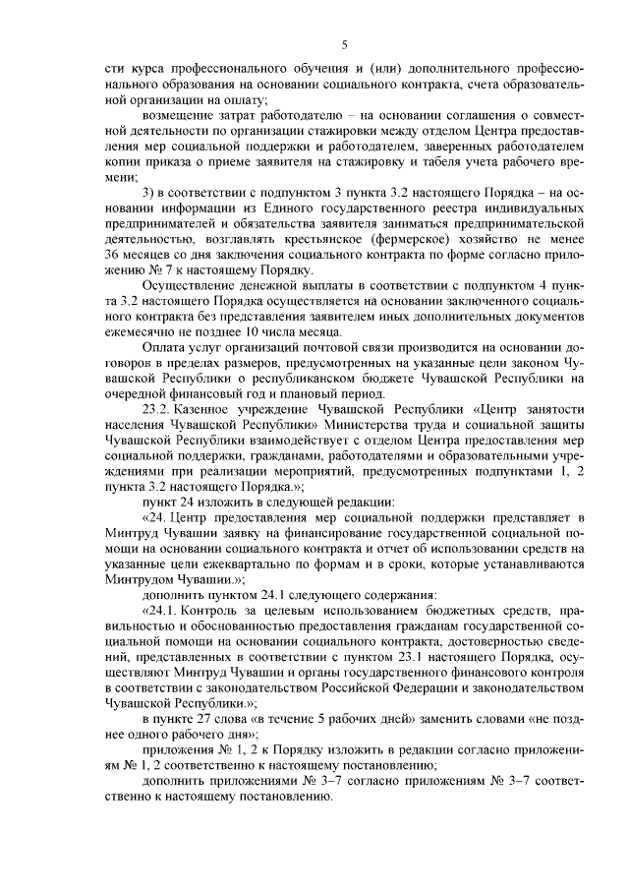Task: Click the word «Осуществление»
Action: point(188,287)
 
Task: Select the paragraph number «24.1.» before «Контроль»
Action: point(161,612)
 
